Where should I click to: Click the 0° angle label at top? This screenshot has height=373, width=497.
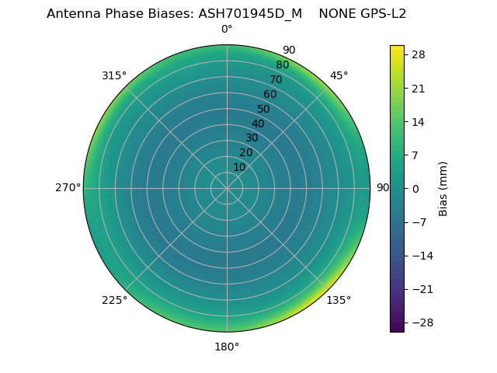(x=227, y=30)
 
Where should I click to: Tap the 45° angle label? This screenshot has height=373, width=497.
(x=339, y=75)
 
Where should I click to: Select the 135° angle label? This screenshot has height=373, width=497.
(x=339, y=300)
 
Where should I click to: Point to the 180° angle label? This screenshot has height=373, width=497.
(x=227, y=347)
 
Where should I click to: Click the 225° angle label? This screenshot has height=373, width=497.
(x=114, y=300)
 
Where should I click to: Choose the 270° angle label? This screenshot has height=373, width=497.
(x=68, y=188)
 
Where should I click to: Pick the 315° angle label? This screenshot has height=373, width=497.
(x=114, y=75)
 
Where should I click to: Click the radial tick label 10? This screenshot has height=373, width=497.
(x=239, y=167)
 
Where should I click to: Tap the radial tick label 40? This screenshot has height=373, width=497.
(x=258, y=124)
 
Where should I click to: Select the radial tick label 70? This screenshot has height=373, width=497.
(x=276, y=79)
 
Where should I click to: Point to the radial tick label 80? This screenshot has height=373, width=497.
(x=282, y=65)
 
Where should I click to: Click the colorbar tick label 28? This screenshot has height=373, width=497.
(x=417, y=54)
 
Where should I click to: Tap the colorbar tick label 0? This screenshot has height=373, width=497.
(x=415, y=188)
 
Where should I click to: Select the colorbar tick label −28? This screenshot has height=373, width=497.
(x=420, y=322)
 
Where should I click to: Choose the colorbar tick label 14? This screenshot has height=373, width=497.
(x=417, y=121)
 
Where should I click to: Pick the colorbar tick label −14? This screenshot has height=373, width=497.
(x=420, y=256)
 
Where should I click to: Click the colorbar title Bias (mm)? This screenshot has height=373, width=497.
(x=443, y=188)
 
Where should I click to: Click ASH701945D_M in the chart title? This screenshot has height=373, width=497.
(x=251, y=14)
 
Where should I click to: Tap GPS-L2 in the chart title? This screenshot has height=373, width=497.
(x=381, y=14)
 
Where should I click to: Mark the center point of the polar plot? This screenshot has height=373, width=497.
(x=227, y=188)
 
